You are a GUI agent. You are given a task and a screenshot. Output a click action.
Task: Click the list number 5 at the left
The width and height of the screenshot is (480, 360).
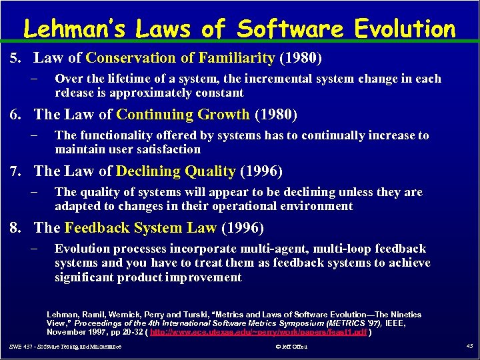pos(15,59)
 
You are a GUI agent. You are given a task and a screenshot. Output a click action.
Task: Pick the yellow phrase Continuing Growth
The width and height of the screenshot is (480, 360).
pos(181,115)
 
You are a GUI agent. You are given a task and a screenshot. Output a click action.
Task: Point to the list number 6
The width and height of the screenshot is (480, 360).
pos(15,115)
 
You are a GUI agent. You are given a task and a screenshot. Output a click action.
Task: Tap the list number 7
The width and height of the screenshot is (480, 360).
pos(15,171)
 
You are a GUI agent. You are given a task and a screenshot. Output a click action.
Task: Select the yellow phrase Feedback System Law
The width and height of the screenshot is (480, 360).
pos(141,228)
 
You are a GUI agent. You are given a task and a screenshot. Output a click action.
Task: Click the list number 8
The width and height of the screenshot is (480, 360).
pos(15,228)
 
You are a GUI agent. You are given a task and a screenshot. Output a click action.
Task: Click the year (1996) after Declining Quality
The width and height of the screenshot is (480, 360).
pos(261,171)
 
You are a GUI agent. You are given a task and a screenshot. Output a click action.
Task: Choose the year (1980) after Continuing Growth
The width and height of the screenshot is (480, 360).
pos(276,115)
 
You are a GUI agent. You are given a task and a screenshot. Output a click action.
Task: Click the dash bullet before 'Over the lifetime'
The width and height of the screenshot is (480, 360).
pos(35,79)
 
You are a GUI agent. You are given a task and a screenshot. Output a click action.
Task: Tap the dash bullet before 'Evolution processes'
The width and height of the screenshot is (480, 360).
pos(35,249)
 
